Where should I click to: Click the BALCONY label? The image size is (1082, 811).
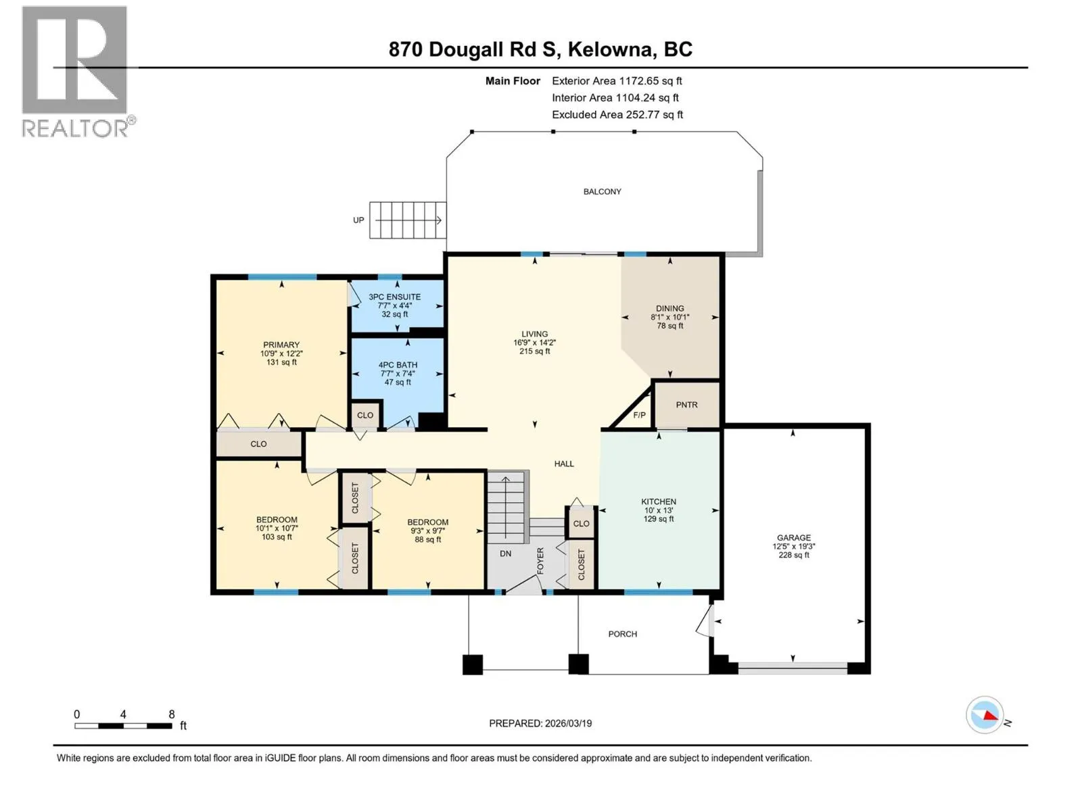[x=602, y=191]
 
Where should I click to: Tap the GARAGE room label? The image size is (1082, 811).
[x=794, y=538]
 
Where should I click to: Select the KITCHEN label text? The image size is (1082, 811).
[x=659, y=501]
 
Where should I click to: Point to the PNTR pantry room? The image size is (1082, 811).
[x=686, y=404]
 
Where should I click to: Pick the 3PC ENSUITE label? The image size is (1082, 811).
[x=394, y=297]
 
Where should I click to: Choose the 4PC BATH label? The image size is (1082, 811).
[x=398, y=365]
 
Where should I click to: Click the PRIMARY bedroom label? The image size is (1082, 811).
[x=281, y=345]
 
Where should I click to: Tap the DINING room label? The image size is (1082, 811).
[x=670, y=308]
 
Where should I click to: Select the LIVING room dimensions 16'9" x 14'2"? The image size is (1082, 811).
[x=534, y=343]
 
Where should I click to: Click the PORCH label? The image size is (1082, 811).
[x=623, y=634]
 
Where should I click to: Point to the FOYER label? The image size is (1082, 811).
[x=540, y=560]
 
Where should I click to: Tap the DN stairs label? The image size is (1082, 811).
[x=505, y=554]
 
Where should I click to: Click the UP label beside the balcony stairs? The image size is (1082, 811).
[x=358, y=220]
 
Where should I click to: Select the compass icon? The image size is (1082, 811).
[x=985, y=715]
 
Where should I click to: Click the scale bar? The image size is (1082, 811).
[x=123, y=726]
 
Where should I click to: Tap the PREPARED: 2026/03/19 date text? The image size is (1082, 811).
[x=540, y=723]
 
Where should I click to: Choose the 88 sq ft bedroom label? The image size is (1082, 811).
[x=428, y=539]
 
